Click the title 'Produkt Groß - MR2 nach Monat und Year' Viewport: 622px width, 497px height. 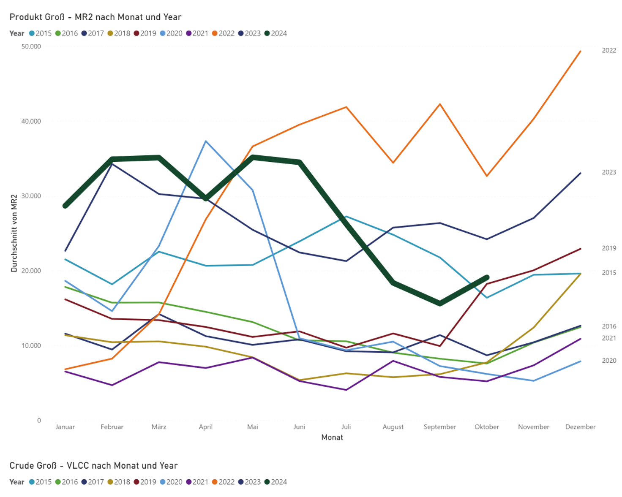tap(95, 17)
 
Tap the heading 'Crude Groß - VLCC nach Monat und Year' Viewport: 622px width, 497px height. tap(93, 466)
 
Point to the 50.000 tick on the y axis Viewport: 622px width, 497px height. tap(31, 46)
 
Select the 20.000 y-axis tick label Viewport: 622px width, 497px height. tap(31, 271)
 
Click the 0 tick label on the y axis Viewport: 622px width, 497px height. tap(39, 420)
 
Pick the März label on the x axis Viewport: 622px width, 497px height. tap(159, 427)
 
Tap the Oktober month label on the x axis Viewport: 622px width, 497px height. tap(487, 427)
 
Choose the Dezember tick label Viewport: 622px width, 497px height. tap(580, 427)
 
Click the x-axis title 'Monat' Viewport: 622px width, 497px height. tap(332, 437)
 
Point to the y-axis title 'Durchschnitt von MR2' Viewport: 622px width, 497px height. tap(14, 233)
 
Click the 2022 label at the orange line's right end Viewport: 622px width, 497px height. tap(609, 51)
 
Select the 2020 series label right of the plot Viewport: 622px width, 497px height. tap(609, 361)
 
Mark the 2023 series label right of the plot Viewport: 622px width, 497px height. tap(609, 172)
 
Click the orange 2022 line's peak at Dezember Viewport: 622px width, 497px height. tap(581, 51)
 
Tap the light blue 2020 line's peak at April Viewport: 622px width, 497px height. tap(206, 141)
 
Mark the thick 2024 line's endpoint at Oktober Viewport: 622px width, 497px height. tap(487, 277)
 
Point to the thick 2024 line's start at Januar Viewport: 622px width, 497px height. tap(65, 206)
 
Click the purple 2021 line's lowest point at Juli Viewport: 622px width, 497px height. tap(346, 390)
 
